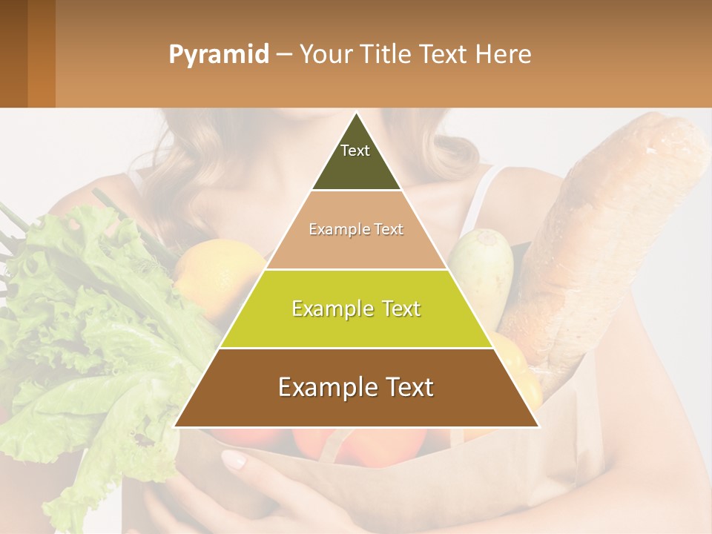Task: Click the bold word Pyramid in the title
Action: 218,55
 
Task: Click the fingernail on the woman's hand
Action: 234,459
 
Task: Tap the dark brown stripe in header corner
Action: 13,53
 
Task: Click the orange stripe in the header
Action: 42,53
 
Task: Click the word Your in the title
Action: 325,55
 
